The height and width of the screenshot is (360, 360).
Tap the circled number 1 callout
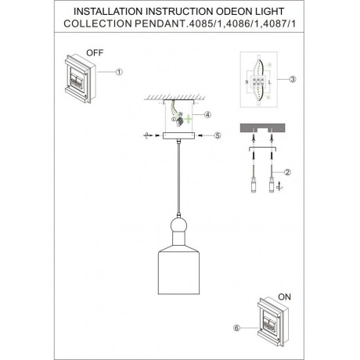tap(120, 71)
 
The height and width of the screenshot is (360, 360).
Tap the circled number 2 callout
tap(289, 173)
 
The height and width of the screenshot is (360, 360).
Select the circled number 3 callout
tap(292, 80)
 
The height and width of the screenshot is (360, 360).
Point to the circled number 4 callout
tap(207, 115)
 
